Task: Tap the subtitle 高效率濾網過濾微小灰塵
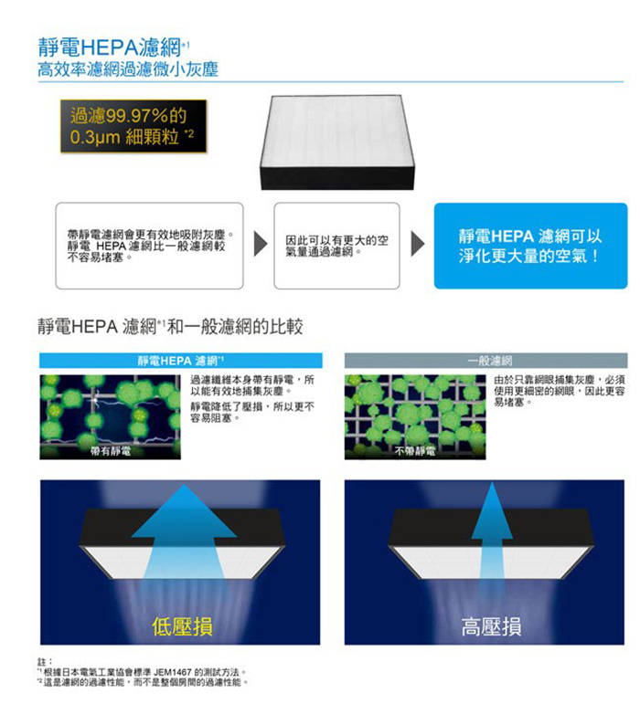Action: pos(128,69)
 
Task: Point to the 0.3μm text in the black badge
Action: pos(95,136)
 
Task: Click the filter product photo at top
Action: pos(337,142)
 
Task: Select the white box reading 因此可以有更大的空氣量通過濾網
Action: pos(336,246)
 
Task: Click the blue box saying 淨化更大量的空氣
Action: pos(530,246)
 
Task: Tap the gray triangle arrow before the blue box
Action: pos(417,244)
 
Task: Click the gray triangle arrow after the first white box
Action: pos(261,244)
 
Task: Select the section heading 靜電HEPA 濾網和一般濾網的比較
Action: pos(170,326)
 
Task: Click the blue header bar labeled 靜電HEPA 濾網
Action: pos(181,361)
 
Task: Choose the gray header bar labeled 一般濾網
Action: pos(485,361)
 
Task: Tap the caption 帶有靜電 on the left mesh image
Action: pos(111,451)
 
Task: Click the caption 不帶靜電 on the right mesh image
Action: pos(415,451)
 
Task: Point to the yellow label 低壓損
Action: pos(182,626)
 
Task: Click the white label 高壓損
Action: pos(491,626)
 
